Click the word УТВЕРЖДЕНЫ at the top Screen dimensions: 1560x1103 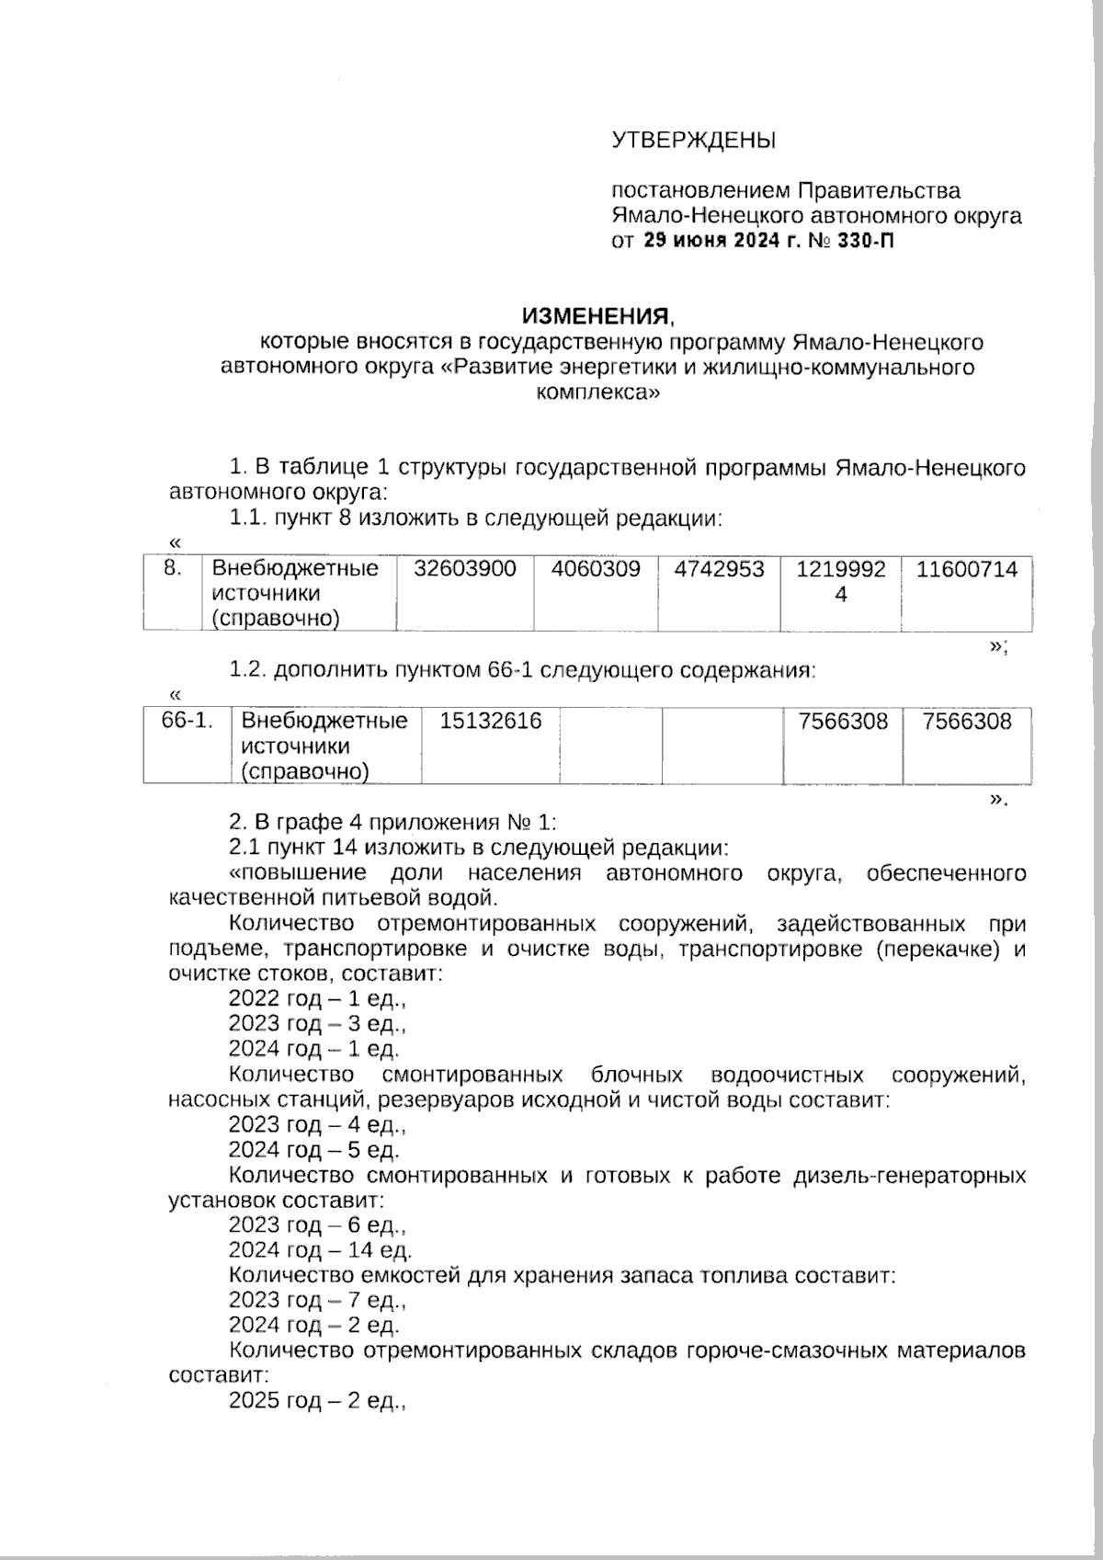(694, 141)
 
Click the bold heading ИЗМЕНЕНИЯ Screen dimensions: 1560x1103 (597, 317)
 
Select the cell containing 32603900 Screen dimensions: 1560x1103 (464, 569)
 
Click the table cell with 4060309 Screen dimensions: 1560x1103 (596, 569)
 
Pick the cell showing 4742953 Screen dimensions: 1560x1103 (719, 569)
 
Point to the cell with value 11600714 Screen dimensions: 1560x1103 (967, 569)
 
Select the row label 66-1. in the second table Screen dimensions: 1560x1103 (188, 721)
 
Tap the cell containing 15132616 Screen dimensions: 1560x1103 (490, 721)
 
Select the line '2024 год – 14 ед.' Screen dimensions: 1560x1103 (320, 1250)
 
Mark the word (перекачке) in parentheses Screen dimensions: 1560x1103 (938, 949)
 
